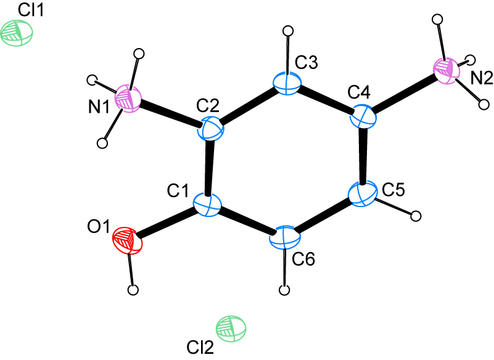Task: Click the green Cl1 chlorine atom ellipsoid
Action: (17, 33)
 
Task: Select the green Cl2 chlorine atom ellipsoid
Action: (231, 329)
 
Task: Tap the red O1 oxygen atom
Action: (127, 241)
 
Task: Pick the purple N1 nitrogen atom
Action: (128, 98)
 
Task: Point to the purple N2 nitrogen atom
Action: (447, 70)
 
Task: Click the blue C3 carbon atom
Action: (287, 83)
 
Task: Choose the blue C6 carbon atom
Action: (284, 238)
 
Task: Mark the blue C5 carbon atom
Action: (363, 194)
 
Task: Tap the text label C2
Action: (208, 107)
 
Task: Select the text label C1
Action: (178, 190)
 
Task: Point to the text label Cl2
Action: (200, 348)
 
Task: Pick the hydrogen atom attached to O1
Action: (134, 290)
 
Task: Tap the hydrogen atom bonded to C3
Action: (288, 31)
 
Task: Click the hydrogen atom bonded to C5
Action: (416, 216)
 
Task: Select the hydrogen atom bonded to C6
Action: (285, 290)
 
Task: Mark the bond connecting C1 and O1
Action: (167, 224)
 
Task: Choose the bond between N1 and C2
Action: (170, 114)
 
